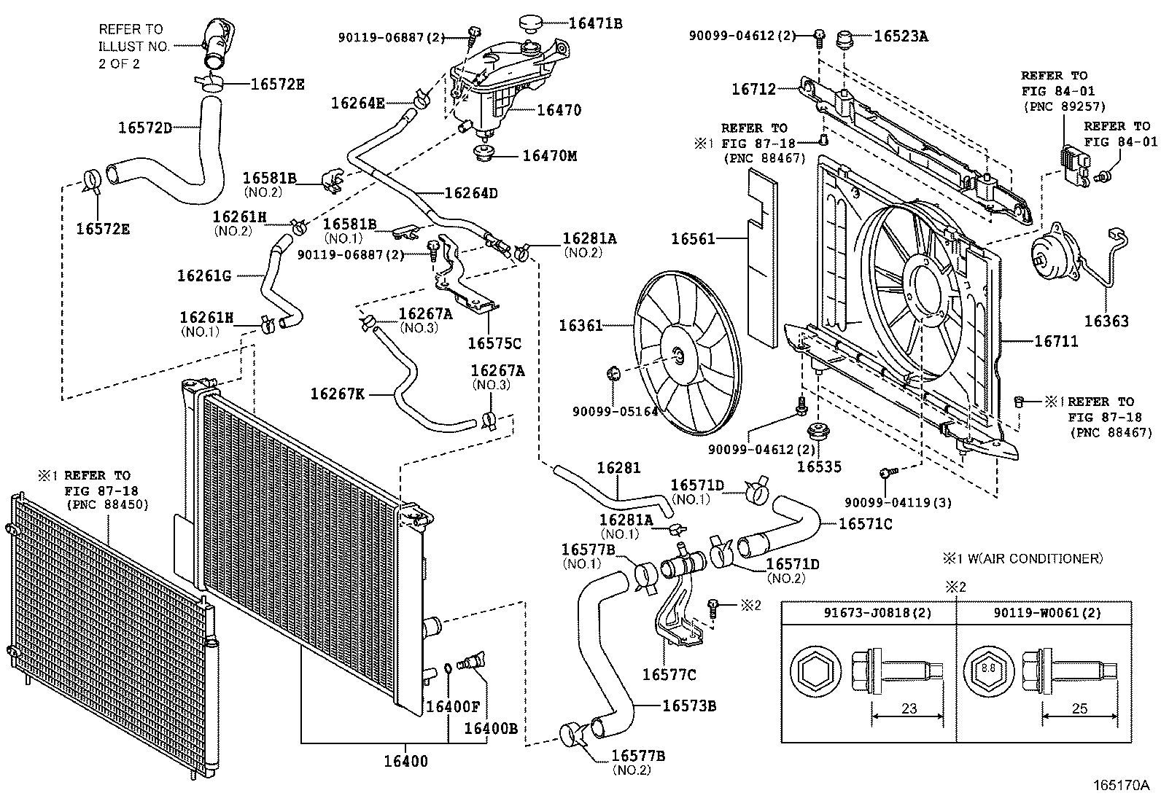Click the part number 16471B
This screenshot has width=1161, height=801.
pyautogui.click(x=595, y=23)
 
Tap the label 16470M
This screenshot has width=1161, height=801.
pyautogui.click(x=548, y=155)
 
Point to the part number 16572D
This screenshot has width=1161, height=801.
pyautogui.click(x=145, y=128)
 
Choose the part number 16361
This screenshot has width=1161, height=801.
pyautogui.click(x=580, y=325)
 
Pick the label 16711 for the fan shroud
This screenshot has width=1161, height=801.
pyautogui.click(x=1056, y=340)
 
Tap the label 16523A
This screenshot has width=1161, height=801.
pyautogui.click(x=901, y=35)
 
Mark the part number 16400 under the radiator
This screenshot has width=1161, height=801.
pyautogui.click(x=406, y=762)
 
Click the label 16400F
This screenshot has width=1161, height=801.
pyautogui.click(x=453, y=706)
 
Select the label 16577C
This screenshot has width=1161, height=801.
pyautogui.click(x=668, y=674)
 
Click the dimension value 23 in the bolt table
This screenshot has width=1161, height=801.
pyautogui.click(x=909, y=708)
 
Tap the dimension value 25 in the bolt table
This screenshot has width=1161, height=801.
pyautogui.click(x=1079, y=708)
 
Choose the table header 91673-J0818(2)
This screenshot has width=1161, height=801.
pyautogui.click(x=869, y=613)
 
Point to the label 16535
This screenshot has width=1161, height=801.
pyautogui.click(x=819, y=466)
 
